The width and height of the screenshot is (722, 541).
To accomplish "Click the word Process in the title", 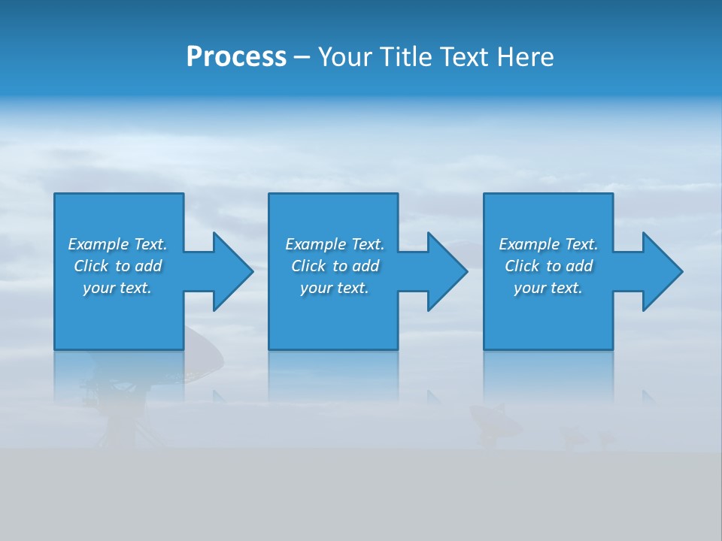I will click(236, 57).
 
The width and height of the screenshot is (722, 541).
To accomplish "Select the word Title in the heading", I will click(407, 57).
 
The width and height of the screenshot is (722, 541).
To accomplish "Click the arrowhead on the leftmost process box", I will click(229, 271).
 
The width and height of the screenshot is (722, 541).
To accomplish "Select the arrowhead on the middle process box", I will click(445, 271).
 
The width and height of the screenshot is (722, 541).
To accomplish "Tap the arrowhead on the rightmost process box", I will click(660, 271).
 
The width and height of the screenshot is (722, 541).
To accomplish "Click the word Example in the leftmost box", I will click(98, 244).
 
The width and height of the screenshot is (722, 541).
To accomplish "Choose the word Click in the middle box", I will click(308, 266).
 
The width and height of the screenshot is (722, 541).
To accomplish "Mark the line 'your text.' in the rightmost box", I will click(548, 288).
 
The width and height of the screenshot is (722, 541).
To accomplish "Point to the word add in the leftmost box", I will click(149, 266).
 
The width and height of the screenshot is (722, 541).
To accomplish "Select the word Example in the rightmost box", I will click(529, 244).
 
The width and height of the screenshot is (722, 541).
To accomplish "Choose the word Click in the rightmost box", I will click(522, 266).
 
